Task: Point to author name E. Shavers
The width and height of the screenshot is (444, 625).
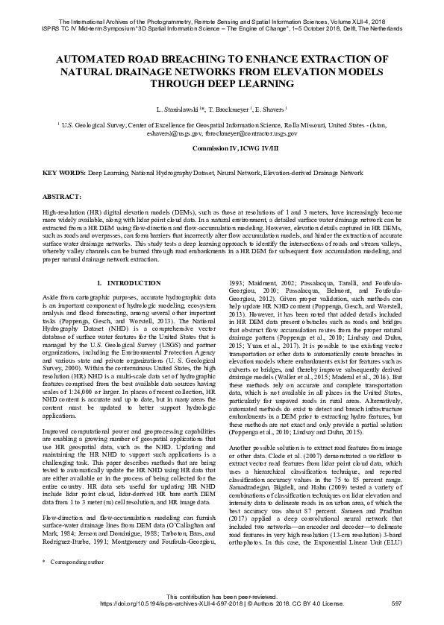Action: [x=273, y=110]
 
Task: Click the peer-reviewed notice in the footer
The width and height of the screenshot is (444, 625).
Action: [x=222, y=597]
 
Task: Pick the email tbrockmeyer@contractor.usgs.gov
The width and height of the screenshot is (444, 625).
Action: [x=253, y=134]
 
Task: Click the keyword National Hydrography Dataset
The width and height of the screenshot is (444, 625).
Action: [x=175, y=173]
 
